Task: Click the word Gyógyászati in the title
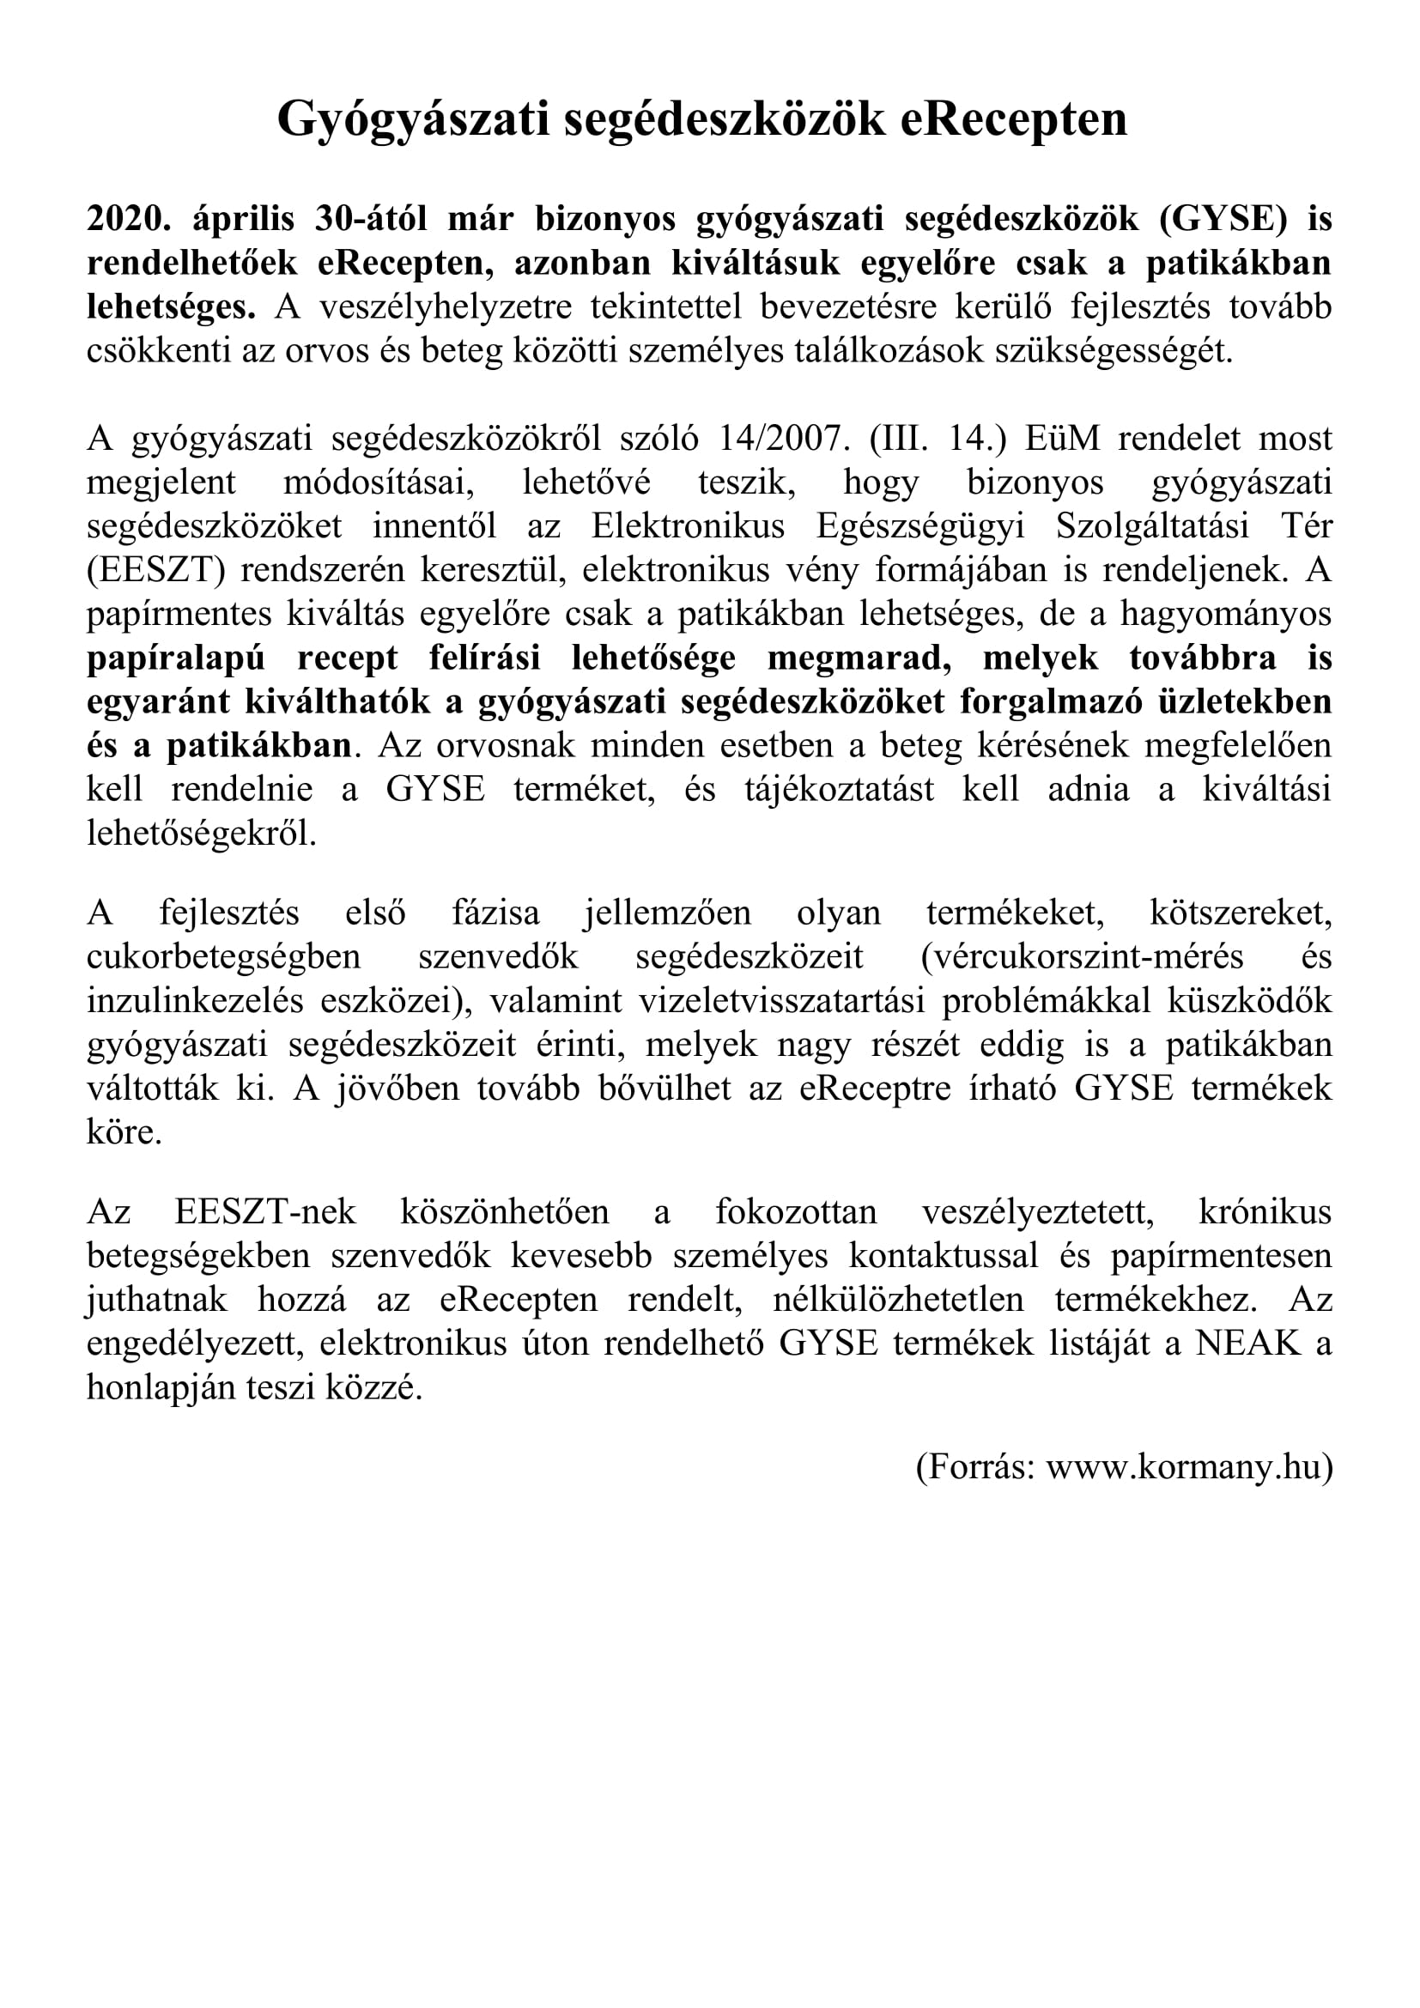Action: pyautogui.click(x=414, y=120)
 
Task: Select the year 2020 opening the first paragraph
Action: pyautogui.click(x=128, y=219)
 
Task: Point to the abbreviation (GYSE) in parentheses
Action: pyautogui.click(x=1223, y=219)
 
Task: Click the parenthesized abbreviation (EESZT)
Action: pyautogui.click(x=155, y=570)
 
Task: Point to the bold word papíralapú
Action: pyautogui.click(x=176, y=658)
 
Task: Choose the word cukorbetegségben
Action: pyautogui.click(x=223, y=956)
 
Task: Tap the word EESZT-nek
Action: pyautogui.click(x=265, y=1212)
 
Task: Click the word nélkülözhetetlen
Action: pyautogui.click(x=898, y=1300)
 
